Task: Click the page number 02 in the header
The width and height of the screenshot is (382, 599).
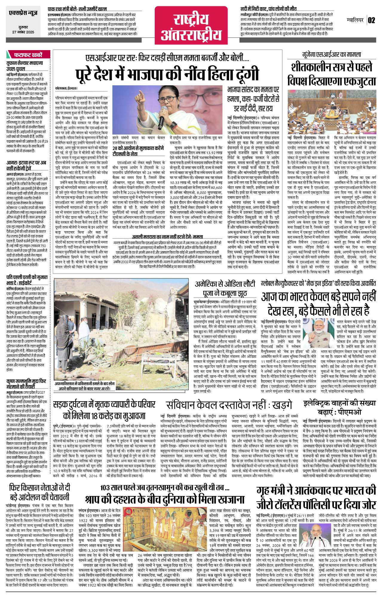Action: tap(371, 21)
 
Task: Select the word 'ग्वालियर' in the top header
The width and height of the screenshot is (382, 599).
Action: tap(355, 21)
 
